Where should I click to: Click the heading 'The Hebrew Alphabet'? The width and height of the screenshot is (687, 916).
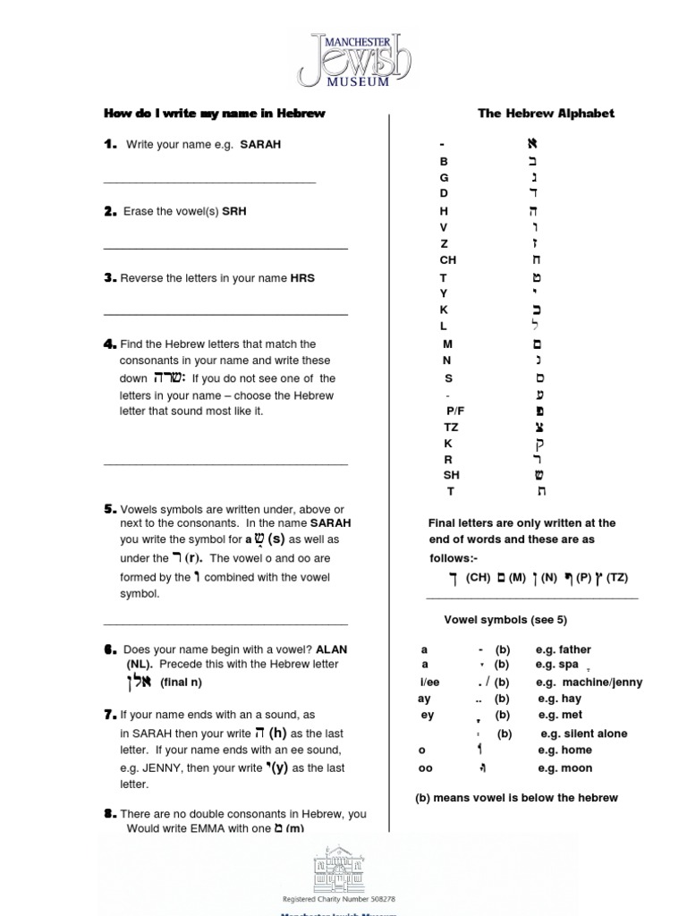click(x=546, y=114)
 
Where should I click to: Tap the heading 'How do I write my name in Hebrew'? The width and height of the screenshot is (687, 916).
click(x=215, y=114)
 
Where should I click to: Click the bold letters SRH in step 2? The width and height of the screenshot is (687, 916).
click(x=234, y=212)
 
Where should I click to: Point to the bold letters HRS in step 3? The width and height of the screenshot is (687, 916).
click(x=302, y=278)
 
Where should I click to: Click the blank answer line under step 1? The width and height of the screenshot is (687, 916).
click(x=209, y=182)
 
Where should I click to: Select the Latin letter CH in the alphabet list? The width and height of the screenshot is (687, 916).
click(x=448, y=259)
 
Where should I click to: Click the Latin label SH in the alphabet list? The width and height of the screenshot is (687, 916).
click(x=451, y=475)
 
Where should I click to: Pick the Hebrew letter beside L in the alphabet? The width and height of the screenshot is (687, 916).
click(x=536, y=326)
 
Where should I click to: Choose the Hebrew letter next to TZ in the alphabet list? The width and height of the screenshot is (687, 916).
click(x=539, y=427)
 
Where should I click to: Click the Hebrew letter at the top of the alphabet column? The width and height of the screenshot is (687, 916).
click(x=535, y=144)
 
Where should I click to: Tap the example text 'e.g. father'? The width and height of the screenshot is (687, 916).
click(x=563, y=649)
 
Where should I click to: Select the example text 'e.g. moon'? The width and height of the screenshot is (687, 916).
click(x=564, y=768)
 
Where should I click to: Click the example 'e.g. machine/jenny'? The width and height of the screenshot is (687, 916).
click(x=589, y=683)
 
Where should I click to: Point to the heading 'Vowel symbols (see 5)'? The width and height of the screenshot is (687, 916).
click(x=505, y=620)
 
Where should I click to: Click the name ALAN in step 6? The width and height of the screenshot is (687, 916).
click(x=331, y=649)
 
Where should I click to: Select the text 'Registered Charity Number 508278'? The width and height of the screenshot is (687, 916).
click(x=339, y=898)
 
